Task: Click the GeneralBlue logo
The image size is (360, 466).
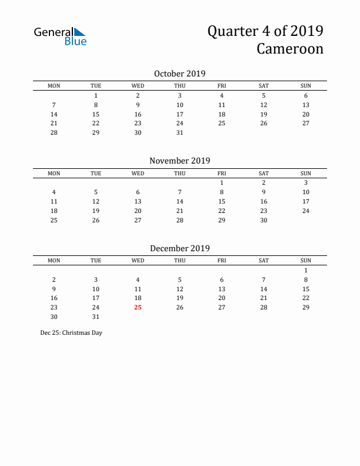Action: pyautogui.click(x=60, y=36)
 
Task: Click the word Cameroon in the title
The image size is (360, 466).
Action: pyautogui.click(x=289, y=48)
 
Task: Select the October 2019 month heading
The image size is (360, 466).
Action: pyautogui.click(x=179, y=74)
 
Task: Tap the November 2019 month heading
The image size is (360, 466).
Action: pyautogui.click(x=179, y=161)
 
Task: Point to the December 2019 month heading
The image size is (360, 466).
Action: pyautogui.click(x=179, y=248)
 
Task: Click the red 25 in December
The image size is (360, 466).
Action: pyautogui.click(x=138, y=307)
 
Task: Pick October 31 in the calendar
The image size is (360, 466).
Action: pyautogui.click(x=180, y=132)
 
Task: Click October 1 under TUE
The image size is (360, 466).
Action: pyautogui.click(x=96, y=95)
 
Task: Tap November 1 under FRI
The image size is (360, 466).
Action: pyautogui.click(x=222, y=182)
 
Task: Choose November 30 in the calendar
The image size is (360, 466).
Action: pyautogui.click(x=264, y=220)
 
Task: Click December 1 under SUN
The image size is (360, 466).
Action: pyautogui.click(x=306, y=270)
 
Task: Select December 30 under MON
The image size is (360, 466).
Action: pyautogui.click(x=54, y=317)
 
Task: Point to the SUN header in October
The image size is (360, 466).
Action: pyautogui.click(x=306, y=86)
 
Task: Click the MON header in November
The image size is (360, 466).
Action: pyautogui.click(x=54, y=173)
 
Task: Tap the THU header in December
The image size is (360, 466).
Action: pyautogui.click(x=180, y=261)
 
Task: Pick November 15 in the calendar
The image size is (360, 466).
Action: pyautogui.click(x=222, y=201)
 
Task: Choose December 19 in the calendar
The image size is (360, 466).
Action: pyautogui.click(x=180, y=298)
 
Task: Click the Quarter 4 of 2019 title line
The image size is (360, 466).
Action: pyautogui.click(x=265, y=31)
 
